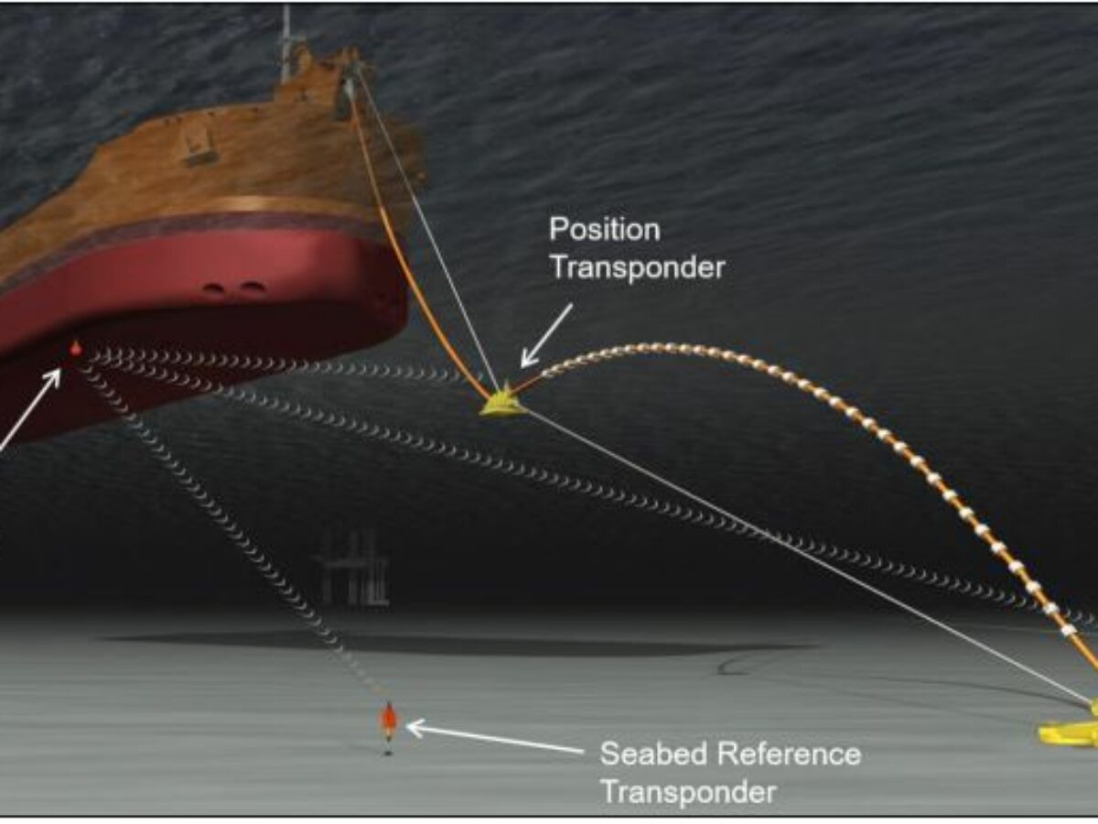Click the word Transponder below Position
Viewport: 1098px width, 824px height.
(x=637, y=267)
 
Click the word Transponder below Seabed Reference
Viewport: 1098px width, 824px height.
(x=687, y=791)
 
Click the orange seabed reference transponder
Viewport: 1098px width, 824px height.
(x=388, y=721)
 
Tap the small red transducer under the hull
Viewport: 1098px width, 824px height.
(x=75, y=348)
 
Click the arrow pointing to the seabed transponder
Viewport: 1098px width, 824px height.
(x=494, y=740)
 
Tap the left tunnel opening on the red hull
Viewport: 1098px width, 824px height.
(x=214, y=290)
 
